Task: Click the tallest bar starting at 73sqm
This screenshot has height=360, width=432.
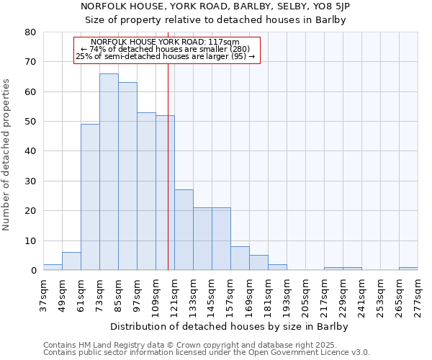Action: pyautogui.click(x=109, y=172)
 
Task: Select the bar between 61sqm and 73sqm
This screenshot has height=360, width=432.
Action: pyautogui.click(x=90, y=197)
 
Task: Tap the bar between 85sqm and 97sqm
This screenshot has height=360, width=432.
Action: pyautogui.click(x=127, y=176)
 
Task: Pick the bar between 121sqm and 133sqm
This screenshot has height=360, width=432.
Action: pyautogui.click(x=184, y=230)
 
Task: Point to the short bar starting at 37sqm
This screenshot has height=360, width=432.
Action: pyautogui.click(x=53, y=267)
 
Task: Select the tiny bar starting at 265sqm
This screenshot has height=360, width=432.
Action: pyautogui.click(x=408, y=269)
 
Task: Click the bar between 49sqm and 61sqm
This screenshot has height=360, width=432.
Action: pyautogui.click(x=71, y=261)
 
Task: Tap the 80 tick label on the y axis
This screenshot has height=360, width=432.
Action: pyautogui.click(x=30, y=32)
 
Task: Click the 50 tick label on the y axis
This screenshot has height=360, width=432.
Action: pyautogui.click(x=30, y=122)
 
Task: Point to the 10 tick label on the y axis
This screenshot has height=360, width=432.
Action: pyautogui.click(x=30, y=240)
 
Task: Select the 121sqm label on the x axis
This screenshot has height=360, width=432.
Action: pyautogui.click(x=174, y=295)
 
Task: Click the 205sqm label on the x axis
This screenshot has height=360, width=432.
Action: pyautogui.click(x=305, y=295)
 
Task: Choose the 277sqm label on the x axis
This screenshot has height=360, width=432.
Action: pyautogui.click(x=418, y=295)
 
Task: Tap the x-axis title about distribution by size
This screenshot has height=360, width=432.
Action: pyautogui.click(x=230, y=326)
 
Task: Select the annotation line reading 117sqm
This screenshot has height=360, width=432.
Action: pyautogui.click(x=166, y=42)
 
